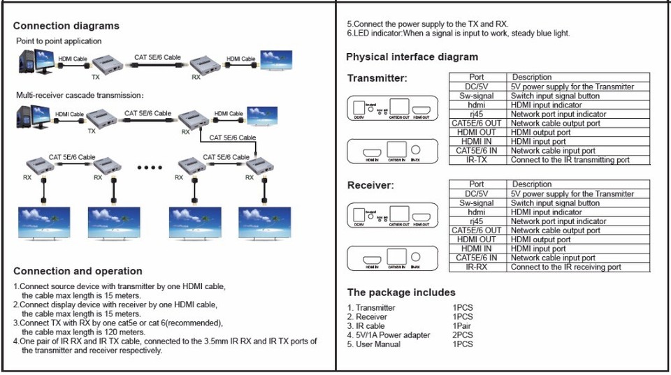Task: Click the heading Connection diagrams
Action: point(66,26)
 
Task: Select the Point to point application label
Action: point(59,41)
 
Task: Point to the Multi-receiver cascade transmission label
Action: point(80,95)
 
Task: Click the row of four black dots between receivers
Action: point(150,168)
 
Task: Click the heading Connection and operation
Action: point(78,271)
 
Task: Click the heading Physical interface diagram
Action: point(412,57)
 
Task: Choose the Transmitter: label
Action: point(377,78)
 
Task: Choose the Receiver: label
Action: point(370,186)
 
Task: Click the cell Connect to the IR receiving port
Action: point(565,267)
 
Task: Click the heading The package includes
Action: point(401,293)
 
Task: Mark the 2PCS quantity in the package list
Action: point(463,335)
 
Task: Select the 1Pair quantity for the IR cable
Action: point(463,326)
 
